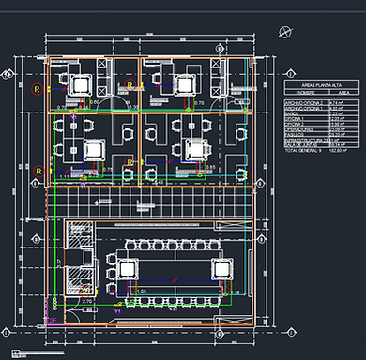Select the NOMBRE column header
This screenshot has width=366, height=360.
[x=306, y=93]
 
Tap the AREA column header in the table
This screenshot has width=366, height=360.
[x=343, y=93]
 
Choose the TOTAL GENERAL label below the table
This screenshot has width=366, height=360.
[x=305, y=149]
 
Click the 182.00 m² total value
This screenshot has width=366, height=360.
[x=341, y=149]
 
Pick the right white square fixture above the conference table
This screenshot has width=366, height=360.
[x=221, y=268]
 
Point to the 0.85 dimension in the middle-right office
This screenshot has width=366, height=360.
[x=202, y=171]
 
